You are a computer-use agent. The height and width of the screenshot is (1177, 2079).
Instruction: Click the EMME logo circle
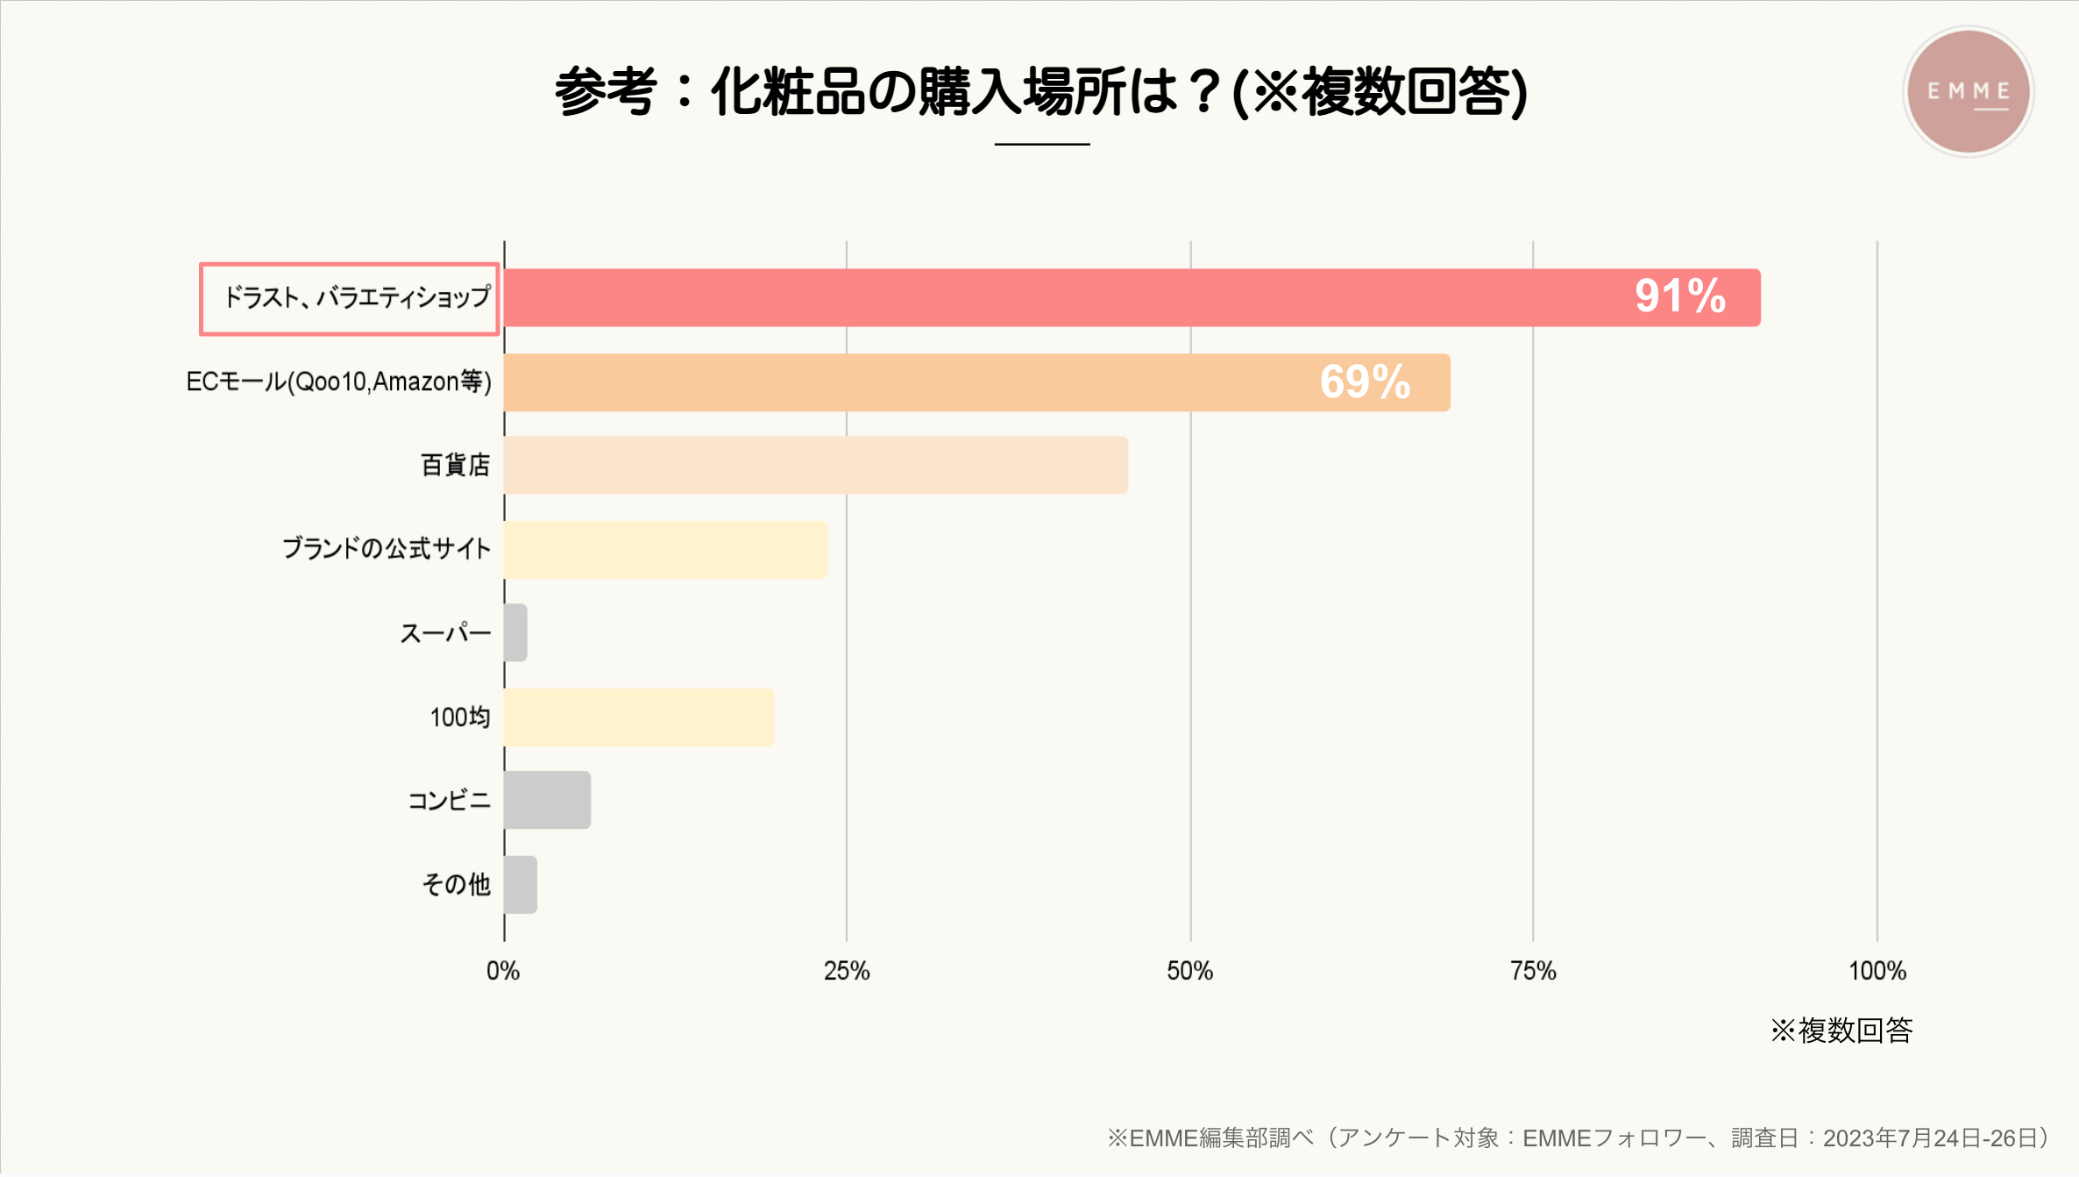[1969, 91]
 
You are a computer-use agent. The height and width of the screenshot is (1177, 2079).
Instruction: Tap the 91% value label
[1679, 296]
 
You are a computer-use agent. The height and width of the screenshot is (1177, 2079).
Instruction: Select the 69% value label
[1365, 382]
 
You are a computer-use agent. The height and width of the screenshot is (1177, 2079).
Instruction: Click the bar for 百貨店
[815, 465]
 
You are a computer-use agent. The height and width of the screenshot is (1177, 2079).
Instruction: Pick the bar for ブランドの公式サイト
[665, 550]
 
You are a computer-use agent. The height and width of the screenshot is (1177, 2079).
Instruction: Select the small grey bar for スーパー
[515, 632]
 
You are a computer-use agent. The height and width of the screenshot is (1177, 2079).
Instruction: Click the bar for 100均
[638, 717]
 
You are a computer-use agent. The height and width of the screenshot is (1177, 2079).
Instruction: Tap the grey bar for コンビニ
[547, 800]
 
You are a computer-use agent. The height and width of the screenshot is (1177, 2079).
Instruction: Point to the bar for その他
[521, 884]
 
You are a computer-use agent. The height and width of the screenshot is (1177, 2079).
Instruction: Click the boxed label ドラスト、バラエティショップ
[350, 298]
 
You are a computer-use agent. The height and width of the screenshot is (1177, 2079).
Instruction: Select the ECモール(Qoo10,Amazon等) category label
[338, 382]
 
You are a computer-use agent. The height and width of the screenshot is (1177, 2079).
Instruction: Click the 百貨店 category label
[455, 465]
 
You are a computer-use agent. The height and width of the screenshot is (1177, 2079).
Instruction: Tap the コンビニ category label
[449, 801]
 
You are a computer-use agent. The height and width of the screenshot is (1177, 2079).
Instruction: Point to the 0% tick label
[503, 971]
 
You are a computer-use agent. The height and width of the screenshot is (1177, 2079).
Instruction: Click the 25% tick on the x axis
[847, 971]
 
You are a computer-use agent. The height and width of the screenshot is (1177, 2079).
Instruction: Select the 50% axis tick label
[1189, 971]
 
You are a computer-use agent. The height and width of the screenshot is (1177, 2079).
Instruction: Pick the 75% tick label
[1533, 971]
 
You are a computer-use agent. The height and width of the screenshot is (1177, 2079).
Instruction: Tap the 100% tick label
[1877, 971]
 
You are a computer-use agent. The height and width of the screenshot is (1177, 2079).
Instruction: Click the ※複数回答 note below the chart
[1841, 1030]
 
